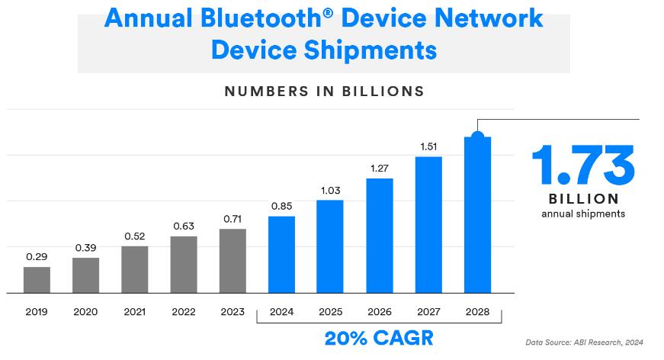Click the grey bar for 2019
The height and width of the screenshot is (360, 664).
pyautogui.click(x=37, y=280)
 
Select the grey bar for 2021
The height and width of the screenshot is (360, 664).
pyautogui.click(x=134, y=269)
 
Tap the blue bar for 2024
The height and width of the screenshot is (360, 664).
pyautogui.click(x=281, y=255)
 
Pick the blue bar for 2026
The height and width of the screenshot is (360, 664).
pyautogui.click(x=380, y=236)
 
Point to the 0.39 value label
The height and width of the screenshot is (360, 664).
pyautogui.click(x=85, y=247)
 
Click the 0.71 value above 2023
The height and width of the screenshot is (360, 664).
pyautogui.click(x=233, y=219)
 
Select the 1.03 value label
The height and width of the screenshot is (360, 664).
pyautogui.click(x=330, y=190)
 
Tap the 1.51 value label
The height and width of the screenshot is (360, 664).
pyautogui.click(x=428, y=146)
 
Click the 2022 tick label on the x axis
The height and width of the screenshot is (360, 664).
pyautogui.click(x=184, y=312)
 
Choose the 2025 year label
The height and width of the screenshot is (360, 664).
pyautogui.click(x=330, y=312)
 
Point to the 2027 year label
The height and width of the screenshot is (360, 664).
pyautogui.click(x=428, y=312)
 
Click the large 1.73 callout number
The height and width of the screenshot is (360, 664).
pyautogui.click(x=582, y=166)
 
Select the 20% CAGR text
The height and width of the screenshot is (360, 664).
pyautogui.click(x=379, y=338)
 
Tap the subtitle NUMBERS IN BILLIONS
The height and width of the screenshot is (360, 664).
pyautogui.click(x=324, y=92)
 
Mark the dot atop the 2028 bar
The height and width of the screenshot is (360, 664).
pyautogui.click(x=477, y=137)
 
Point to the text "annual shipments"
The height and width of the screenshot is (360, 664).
pyautogui.click(x=582, y=214)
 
